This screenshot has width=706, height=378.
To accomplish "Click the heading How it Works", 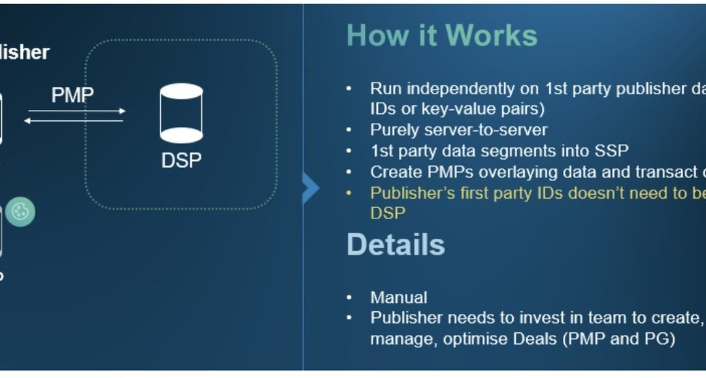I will tap(441, 35).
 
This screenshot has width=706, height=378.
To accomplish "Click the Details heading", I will tap(395, 245).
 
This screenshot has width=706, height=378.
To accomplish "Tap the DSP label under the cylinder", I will tap(181, 160).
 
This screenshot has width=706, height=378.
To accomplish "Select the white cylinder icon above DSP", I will tap(181, 113).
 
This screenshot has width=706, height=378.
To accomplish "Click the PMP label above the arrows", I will tap(73, 95).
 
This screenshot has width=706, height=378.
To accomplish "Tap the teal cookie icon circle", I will tap(21, 213).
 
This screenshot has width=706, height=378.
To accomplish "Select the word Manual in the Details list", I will tap(399, 298).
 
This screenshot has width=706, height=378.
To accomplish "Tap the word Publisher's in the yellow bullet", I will tap(411, 193).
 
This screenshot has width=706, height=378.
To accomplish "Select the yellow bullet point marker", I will tap(349, 193).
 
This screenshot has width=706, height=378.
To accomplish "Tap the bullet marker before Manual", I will tap(349, 298).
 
